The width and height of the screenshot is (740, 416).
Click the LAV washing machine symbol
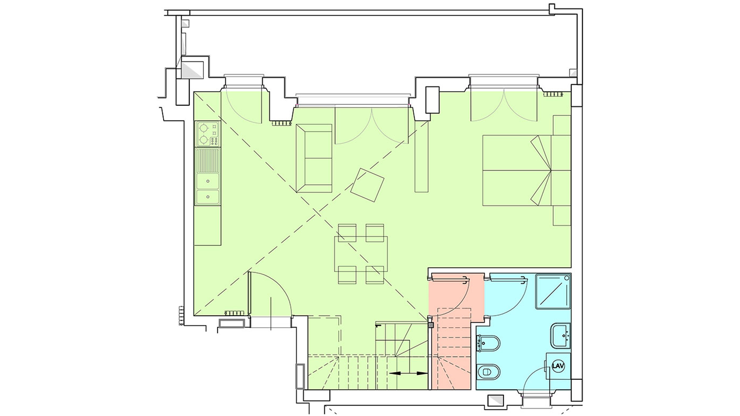click(x=558, y=366)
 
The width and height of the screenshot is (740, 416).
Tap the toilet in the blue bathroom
click(x=488, y=372)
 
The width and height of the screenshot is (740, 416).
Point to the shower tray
click(x=553, y=291)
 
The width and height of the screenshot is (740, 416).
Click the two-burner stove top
click(x=207, y=134)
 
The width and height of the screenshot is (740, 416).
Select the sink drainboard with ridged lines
click(x=208, y=161)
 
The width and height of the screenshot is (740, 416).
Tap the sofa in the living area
click(x=314, y=158)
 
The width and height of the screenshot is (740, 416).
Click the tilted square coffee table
click(x=367, y=185)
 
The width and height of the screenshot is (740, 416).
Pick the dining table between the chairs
click(x=361, y=254)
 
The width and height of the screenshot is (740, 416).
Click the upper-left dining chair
click(x=347, y=233)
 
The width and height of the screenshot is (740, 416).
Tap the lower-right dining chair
click(x=375, y=275)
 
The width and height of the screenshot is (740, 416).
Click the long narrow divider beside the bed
click(x=421, y=157)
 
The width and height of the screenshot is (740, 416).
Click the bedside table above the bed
click(x=562, y=125)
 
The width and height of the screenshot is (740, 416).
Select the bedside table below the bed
click(x=562, y=215)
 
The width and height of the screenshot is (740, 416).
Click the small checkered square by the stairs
click(x=431, y=325)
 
